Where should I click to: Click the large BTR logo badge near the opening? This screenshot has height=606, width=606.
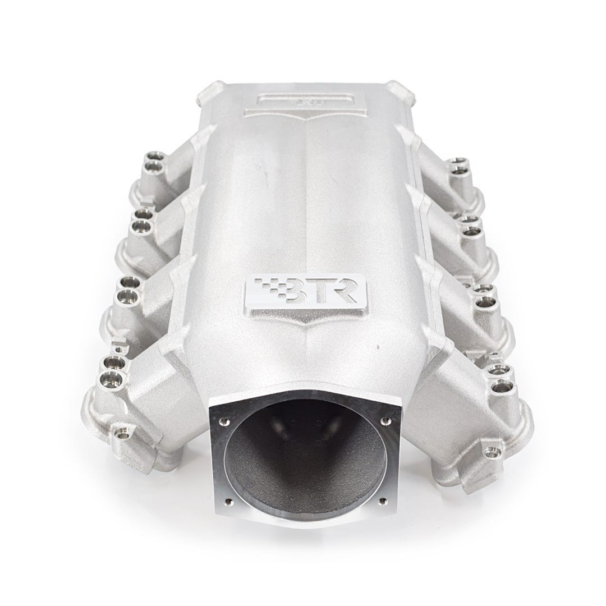(x=306, y=293)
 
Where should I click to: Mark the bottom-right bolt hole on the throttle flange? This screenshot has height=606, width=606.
(x=383, y=501)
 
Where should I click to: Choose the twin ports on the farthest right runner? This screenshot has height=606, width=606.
(x=458, y=166)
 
